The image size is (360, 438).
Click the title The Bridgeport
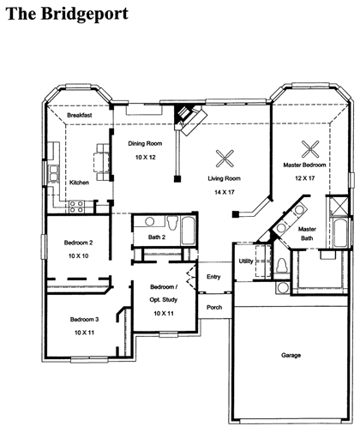click(68, 14)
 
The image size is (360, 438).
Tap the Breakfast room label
click(80, 115)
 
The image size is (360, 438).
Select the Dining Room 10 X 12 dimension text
click(146, 157)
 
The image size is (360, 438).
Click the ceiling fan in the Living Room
click(225, 159)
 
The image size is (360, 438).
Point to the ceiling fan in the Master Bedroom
click(310, 149)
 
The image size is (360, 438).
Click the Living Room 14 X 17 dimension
click(225, 192)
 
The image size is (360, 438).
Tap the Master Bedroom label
click(304, 165)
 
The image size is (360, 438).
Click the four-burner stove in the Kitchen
click(76, 207)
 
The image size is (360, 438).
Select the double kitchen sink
click(53, 173)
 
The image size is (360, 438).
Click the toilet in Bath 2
click(172, 223)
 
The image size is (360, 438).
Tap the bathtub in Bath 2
click(188, 231)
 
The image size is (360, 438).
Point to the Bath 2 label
click(157, 237)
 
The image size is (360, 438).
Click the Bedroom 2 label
click(78, 243)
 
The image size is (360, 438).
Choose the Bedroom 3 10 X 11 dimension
click(84, 333)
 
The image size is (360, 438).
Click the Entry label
click(213, 277)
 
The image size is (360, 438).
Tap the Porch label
click(214, 308)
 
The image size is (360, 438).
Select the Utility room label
click(246, 261)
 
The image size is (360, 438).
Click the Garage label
click(291, 355)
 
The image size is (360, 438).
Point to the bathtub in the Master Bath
click(340, 233)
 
